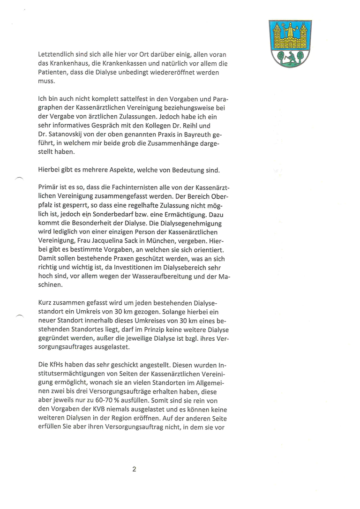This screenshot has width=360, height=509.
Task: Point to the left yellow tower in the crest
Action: [x=277, y=35]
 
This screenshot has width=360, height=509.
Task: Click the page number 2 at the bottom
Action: [x=134, y=469]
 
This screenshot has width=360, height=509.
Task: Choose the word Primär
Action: [x=49, y=187]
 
